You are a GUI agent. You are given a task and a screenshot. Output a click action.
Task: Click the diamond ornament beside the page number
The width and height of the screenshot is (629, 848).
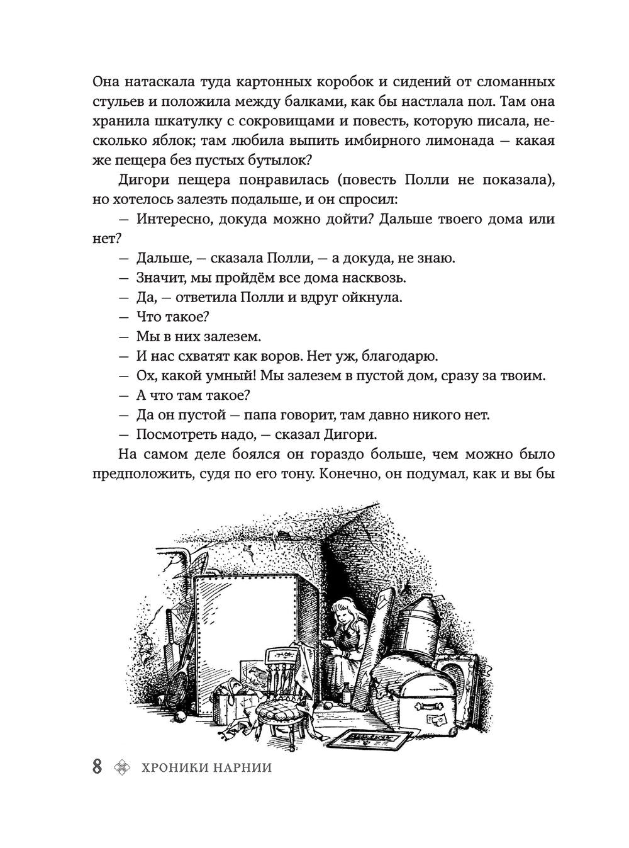120,768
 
